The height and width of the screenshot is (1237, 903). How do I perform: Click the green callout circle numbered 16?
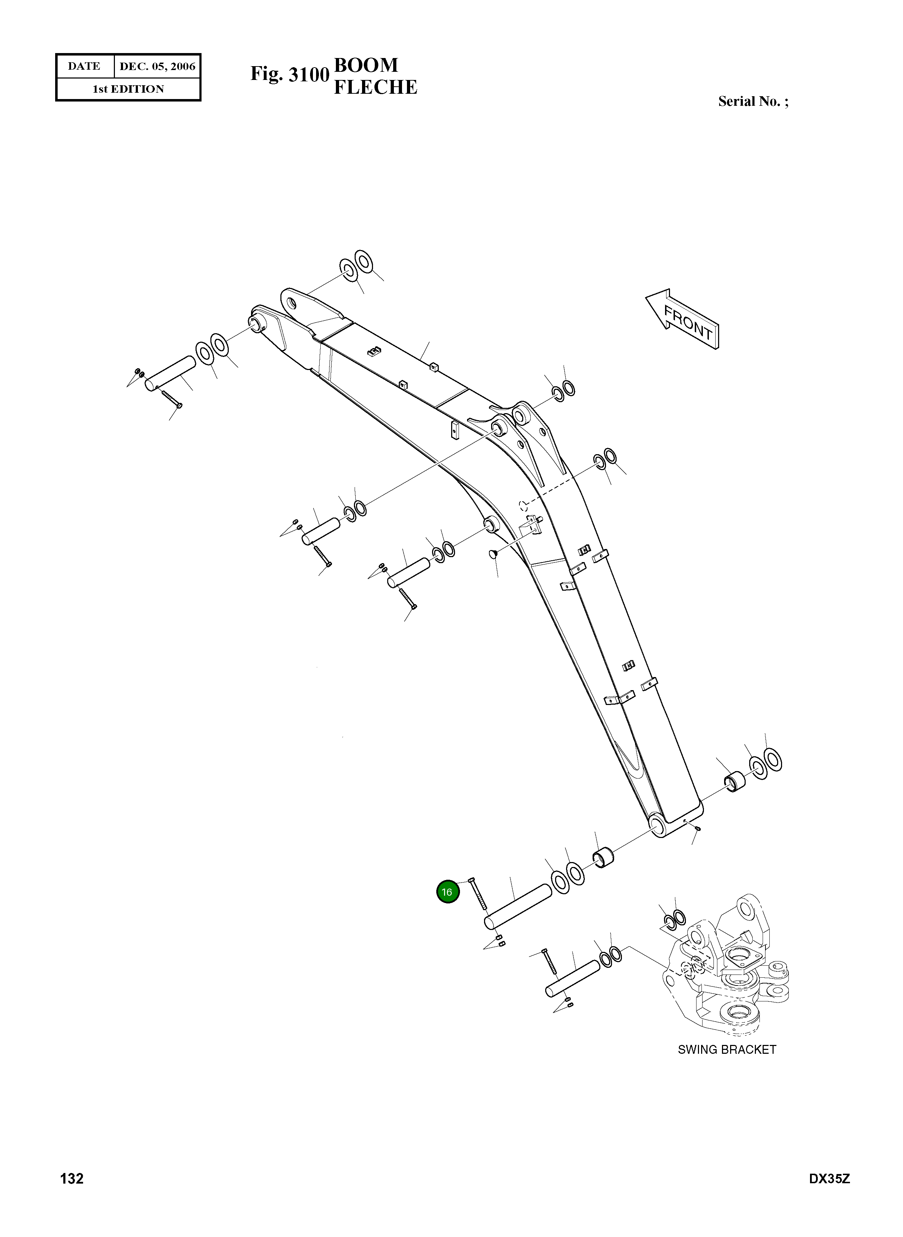click(447, 891)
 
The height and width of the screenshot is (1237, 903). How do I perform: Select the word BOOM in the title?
click(366, 65)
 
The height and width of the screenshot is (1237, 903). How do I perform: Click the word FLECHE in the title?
click(375, 87)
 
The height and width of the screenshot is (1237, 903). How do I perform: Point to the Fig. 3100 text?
click(289, 74)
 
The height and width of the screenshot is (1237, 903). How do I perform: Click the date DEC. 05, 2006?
click(157, 66)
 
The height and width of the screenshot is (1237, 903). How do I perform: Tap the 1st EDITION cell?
click(128, 89)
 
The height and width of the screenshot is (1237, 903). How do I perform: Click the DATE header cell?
click(84, 66)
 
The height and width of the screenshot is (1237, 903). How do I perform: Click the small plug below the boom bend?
click(493, 554)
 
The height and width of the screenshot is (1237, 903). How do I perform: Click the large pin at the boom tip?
click(170, 374)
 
